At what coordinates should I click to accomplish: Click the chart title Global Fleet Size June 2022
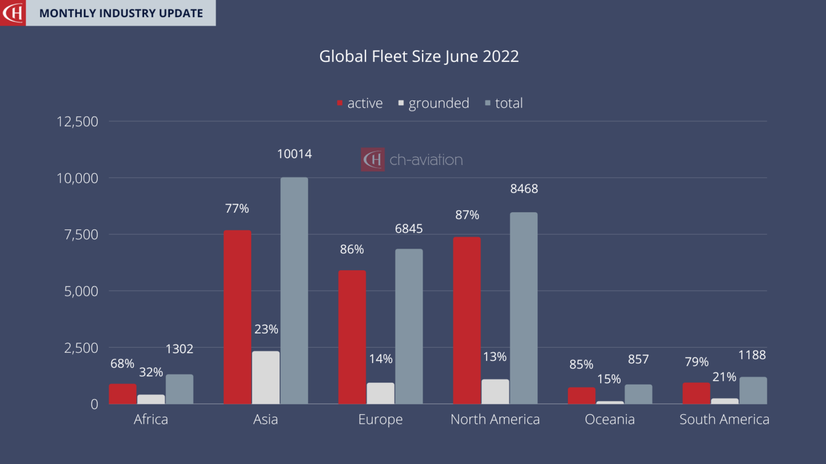419,56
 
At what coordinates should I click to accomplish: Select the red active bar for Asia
237,317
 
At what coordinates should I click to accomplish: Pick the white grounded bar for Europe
380,393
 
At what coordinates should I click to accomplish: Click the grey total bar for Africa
179,389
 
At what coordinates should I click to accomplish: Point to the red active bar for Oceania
581,396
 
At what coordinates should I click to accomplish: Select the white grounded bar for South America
724,401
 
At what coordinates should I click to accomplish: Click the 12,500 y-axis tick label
77,121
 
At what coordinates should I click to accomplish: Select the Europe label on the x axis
380,419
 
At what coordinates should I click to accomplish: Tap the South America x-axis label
724,419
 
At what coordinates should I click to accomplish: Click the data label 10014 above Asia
294,154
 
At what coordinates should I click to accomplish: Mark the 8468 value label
524,189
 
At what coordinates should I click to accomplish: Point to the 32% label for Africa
151,372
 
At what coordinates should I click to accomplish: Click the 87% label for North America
467,215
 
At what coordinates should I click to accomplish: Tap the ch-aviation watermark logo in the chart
412,160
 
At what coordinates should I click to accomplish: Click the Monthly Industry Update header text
121,13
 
